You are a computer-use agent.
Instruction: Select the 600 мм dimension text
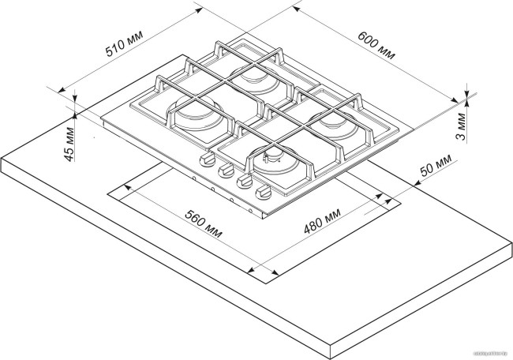coord(376,46)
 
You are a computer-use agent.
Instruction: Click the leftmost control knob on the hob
coord(208,162)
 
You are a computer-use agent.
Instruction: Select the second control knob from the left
coord(224,171)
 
